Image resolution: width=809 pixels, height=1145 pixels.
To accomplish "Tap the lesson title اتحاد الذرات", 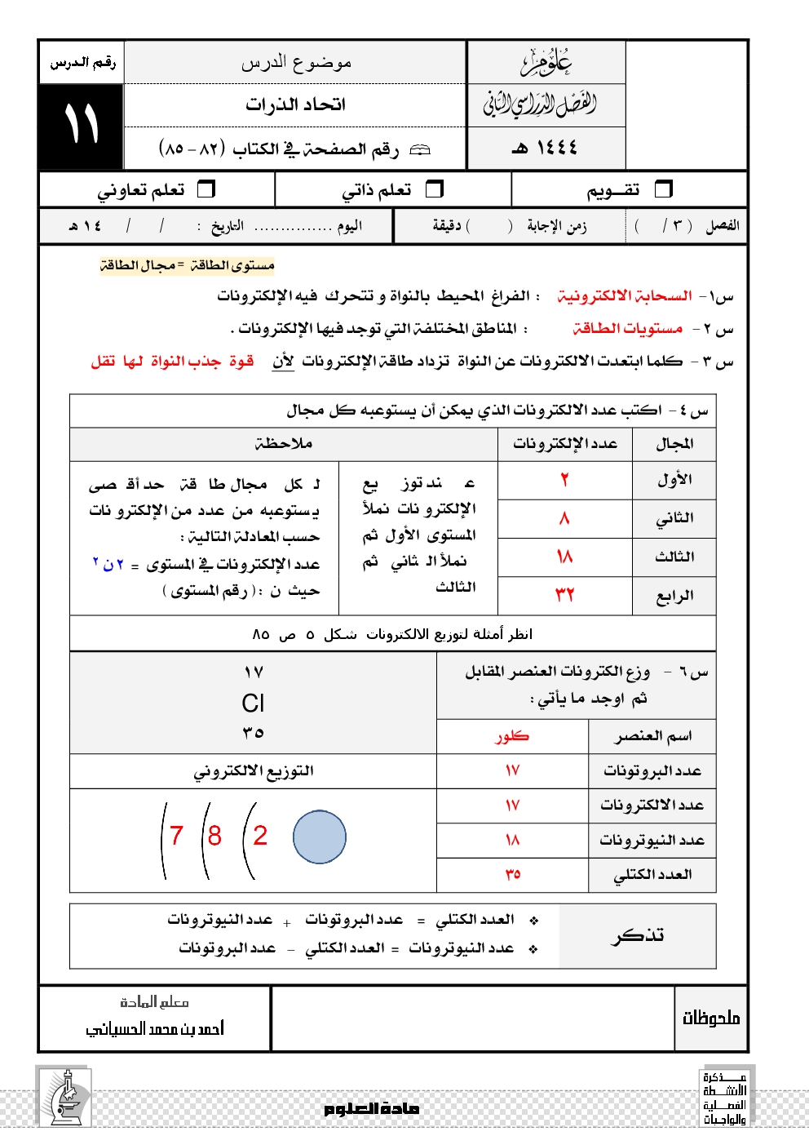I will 295,104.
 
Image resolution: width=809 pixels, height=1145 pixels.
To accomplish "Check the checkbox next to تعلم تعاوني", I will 206,189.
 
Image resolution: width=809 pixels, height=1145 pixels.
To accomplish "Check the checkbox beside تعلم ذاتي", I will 435,189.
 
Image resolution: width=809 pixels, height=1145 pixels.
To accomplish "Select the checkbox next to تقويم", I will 664,189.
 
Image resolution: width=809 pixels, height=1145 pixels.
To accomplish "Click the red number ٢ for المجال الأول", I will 564,480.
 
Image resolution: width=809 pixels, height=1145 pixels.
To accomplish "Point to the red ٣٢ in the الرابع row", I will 564,595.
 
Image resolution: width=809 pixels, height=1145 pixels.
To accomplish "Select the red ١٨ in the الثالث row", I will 564,557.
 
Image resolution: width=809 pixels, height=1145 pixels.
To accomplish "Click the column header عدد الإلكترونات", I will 564,443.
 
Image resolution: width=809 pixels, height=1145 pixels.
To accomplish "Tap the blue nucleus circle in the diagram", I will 319,837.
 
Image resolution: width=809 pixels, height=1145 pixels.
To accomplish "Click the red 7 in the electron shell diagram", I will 176,836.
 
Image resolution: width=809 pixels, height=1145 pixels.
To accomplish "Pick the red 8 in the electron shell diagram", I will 214,836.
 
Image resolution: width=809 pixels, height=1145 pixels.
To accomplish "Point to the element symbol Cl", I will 253,703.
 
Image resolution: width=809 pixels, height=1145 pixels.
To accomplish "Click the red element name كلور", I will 512,736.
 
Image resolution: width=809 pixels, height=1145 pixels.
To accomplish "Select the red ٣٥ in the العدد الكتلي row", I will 512,874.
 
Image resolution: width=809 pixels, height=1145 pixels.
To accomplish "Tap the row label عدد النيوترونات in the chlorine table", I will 652,840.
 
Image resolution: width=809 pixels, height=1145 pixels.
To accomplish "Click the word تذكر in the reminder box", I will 638,935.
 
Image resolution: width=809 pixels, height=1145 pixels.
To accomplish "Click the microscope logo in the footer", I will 64,1098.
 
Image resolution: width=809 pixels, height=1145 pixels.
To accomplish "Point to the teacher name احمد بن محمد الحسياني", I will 155,1028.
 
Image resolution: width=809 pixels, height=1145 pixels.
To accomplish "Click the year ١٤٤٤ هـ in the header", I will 545,148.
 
